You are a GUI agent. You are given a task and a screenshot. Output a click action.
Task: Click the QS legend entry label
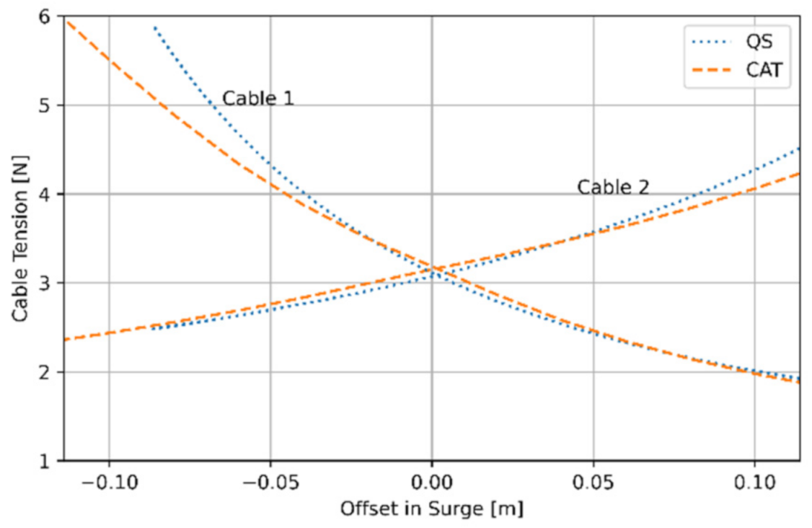tap(759, 41)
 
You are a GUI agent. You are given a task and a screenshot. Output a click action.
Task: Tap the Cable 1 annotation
tap(257, 99)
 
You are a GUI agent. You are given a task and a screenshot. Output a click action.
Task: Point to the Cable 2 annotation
tap(613, 188)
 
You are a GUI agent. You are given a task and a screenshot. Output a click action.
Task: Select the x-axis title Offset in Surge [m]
tap(431, 509)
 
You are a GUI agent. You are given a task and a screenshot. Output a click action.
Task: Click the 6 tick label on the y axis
tap(50, 17)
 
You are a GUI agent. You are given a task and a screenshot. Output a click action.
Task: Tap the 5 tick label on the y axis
tap(50, 105)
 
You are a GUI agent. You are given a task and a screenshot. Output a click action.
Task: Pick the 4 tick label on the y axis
tap(50, 195)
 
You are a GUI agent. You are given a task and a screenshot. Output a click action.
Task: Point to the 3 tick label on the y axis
tap(50, 283)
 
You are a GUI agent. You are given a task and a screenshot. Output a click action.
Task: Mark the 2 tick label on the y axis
tap(50, 372)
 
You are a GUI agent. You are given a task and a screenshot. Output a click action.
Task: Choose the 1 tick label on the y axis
tap(50, 461)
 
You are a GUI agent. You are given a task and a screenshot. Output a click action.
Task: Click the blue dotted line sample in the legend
tap(712, 42)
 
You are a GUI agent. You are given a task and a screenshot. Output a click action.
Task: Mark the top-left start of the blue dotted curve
tap(154, 27)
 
